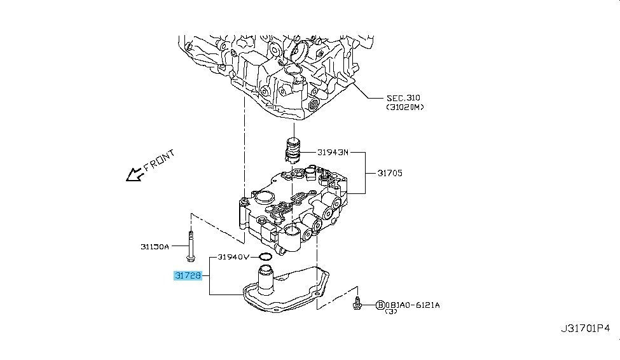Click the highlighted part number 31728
point(188,277)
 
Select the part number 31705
point(389,173)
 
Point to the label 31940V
point(234,258)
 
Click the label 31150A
point(155,247)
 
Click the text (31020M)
point(405,107)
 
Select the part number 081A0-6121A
point(412,305)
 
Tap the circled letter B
point(380,305)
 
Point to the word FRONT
point(159,162)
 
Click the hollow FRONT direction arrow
point(134,174)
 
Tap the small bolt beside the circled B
point(359,305)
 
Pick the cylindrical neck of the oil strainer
point(266,279)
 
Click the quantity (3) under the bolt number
point(391,313)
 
